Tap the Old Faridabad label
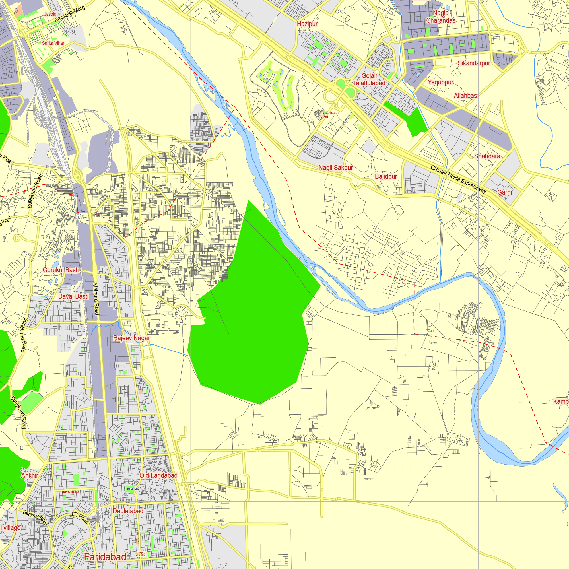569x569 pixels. point(158,475)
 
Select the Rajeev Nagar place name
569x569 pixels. point(131,338)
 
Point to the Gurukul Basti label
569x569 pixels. point(61,270)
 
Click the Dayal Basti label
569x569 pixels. point(73,296)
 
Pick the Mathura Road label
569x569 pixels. point(96,299)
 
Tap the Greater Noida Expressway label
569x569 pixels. point(458,179)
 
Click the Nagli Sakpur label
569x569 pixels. point(335,168)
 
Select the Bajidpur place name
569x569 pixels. point(386,176)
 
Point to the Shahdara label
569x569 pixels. point(487,156)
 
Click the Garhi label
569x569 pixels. point(504,192)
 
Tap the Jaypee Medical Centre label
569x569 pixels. point(329,115)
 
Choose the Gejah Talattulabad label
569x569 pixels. point(369,80)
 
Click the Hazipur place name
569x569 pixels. point(307,24)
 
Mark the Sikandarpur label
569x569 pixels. point(474,63)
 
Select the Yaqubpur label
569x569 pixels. point(441,82)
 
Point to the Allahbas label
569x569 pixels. point(465,95)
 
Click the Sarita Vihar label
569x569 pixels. point(53,43)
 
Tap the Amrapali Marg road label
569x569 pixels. point(69,14)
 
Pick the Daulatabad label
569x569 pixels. point(128,511)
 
